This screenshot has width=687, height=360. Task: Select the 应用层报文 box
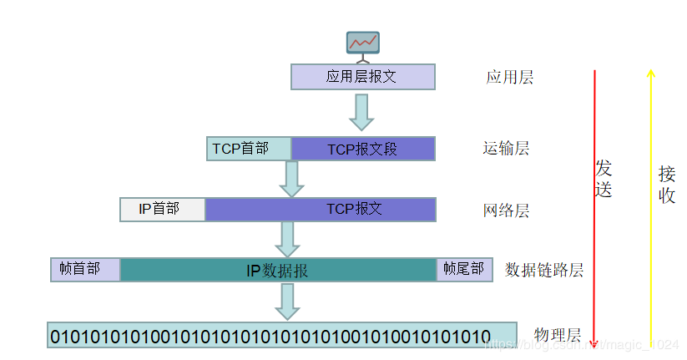click(x=362, y=77)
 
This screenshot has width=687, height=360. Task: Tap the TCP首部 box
click(x=248, y=149)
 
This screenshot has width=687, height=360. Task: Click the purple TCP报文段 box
click(x=362, y=149)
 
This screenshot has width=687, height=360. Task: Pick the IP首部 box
click(x=162, y=209)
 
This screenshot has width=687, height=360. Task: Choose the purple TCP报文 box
click(x=321, y=209)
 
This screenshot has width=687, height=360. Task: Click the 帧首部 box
click(x=85, y=269)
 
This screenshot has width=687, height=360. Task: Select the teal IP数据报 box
click(x=278, y=270)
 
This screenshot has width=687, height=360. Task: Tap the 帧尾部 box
click(x=460, y=269)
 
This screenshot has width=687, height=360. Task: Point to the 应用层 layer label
click(x=509, y=78)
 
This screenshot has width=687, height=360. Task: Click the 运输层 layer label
click(x=506, y=149)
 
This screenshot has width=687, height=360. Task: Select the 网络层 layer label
click(x=506, y=210)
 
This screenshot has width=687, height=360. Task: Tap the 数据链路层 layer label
click(x=544, y=270)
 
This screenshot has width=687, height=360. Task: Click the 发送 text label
click(x=604, y=178)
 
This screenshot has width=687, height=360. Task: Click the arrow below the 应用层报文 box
click(x=361, y=112)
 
